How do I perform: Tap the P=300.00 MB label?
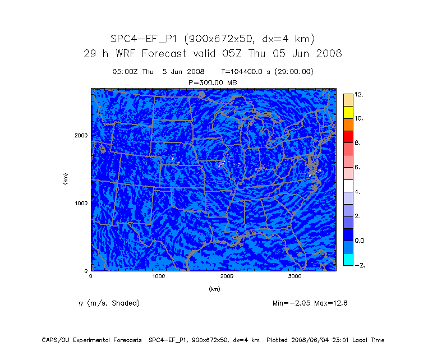pyautogui.click(x=213, y=82)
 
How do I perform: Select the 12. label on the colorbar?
pyautogui.click(x=359, y=95)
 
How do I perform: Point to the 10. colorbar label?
pyautogui.click(x=359, y=118)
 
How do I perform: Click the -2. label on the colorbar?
pyautogui.click(x=359, y=265)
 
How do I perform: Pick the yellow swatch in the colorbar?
pyautogui.click(x=348, y=112)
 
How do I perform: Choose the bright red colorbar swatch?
pyautogui.click(x=348, y=136)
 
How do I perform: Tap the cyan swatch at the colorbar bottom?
pyautogui.click(x=348, y=259)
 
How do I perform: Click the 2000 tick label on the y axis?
pyautogui.click(x=81, y=135)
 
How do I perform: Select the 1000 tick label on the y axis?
pyautogui.click(x=81, y=203)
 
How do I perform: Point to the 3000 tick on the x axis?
pyautogui.click(x=295, y=276)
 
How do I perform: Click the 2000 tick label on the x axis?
pyautogui.click(x=227, y=276)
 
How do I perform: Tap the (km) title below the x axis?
pyautogui.click(x=214, y=289)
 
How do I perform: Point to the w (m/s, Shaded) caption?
pyautogui.click(x=109, y=303)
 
